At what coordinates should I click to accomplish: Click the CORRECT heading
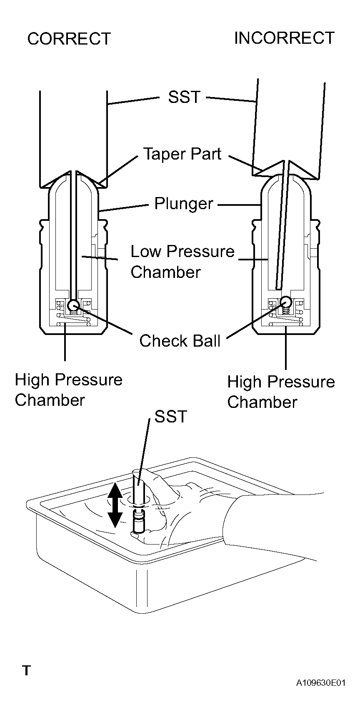[x=69, y=39]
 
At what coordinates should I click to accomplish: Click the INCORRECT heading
[x=284, y=38]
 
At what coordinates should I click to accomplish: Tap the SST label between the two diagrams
[x=184, y=97]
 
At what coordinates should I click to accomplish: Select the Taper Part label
[x=182, y=154]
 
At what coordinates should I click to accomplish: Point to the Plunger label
[x=184, y=204]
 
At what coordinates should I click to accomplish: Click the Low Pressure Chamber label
[x=182, y=262]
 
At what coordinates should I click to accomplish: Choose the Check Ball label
[x=180, y=341]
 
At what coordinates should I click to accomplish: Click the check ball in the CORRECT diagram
[x=74, y=305]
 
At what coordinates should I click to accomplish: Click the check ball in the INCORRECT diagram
[x=286, y=302]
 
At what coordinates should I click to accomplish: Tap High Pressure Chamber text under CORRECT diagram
[x=69, y=390]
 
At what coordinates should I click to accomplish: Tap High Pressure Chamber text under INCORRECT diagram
[x=281, y=392]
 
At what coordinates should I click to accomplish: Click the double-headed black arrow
[x=115, y=506]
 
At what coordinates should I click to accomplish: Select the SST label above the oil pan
[x=171, y=416]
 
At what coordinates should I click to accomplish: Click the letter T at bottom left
[x=27, y=670]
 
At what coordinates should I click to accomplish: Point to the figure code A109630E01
[x=321, y=683]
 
